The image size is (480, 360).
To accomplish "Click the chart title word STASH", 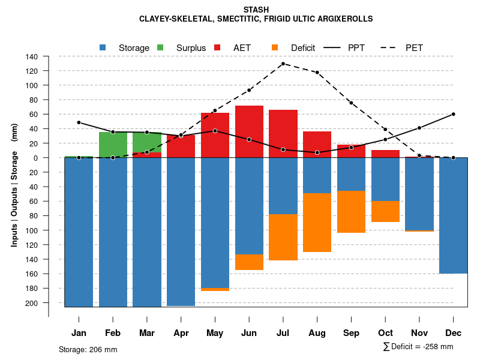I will (x=256, y=10).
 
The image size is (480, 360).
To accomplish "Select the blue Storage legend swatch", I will (x=103, y=47).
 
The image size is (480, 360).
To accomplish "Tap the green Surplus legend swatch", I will (x=160, y=47).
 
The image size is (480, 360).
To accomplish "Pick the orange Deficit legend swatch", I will (x=275, y=47).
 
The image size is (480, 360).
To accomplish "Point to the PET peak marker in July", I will (x=283, y=64).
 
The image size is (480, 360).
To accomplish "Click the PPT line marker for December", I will (x=453, y=114).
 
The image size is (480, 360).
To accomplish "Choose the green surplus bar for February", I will (x=113, y=145).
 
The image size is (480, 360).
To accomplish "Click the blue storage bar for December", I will (x=453, y=215).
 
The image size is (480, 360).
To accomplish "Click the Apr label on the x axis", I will (x=181, y=333).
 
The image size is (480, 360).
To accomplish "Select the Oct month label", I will (x=385, y=333).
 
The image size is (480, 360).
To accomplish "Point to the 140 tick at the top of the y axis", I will (x=32, y=56).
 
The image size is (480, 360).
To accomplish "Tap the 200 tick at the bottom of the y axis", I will (x=32, y=303).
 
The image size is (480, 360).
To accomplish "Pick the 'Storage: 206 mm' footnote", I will (x=88, y=349).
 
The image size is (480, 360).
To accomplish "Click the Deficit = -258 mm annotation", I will (x=418, y=347).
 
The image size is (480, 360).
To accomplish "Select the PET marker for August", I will (x=317, y=73).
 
